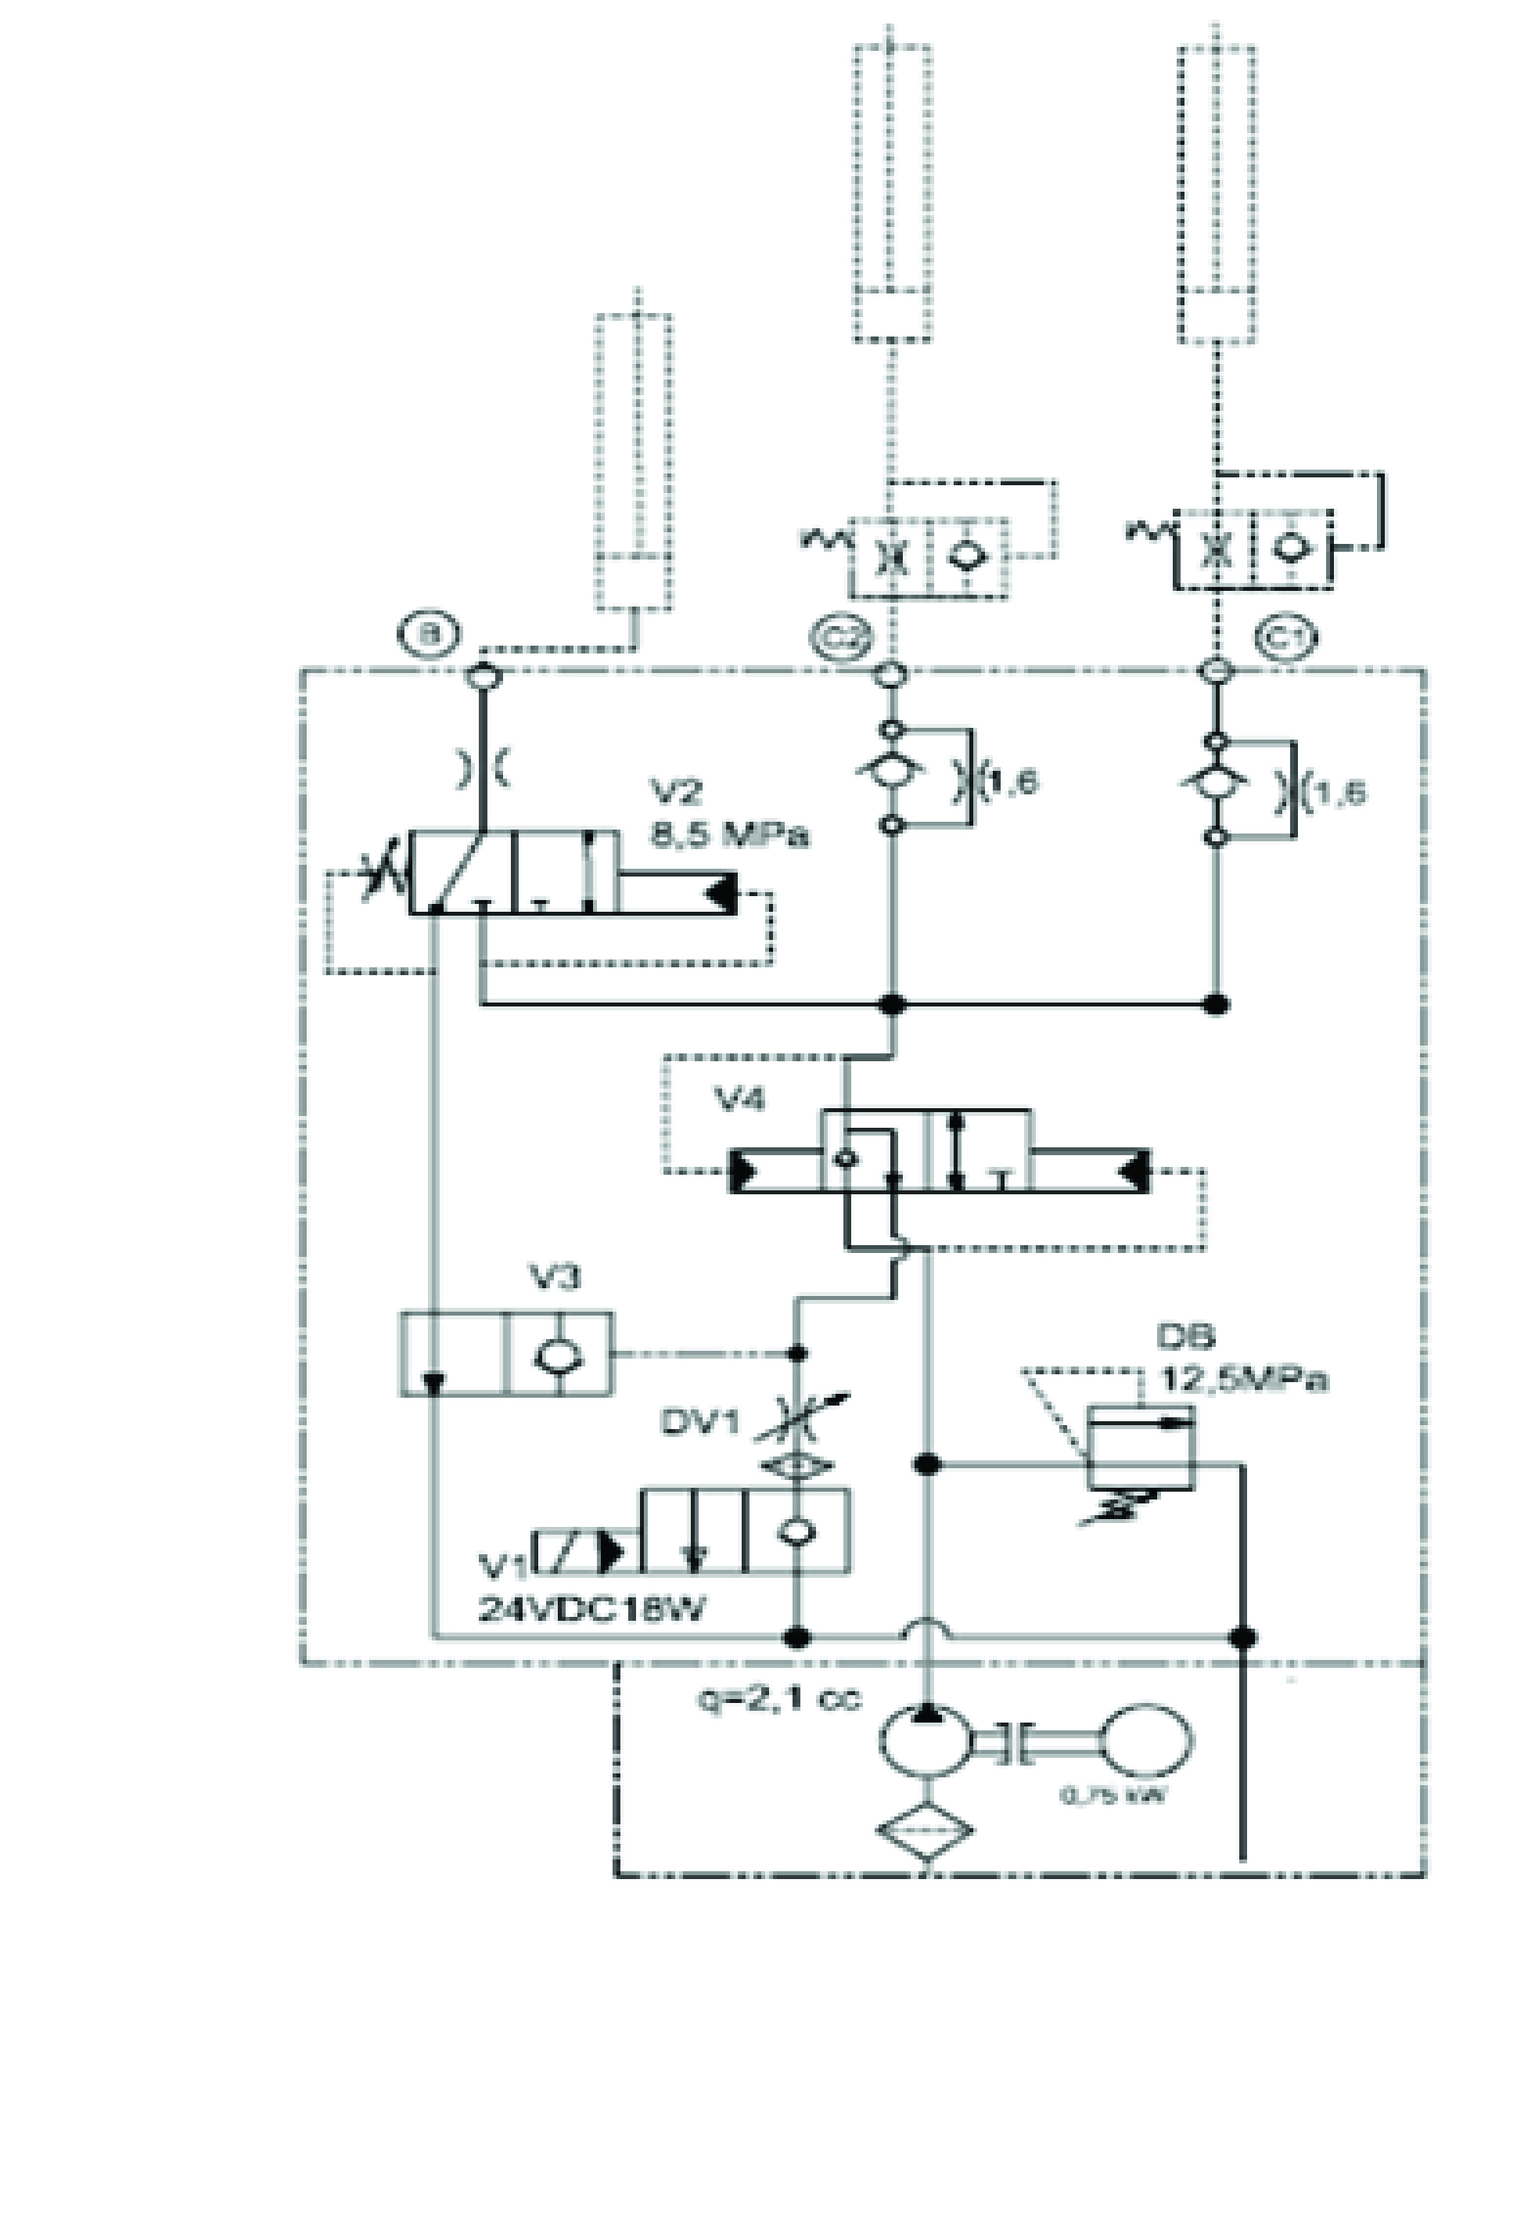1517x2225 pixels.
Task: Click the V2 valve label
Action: pos(677,792)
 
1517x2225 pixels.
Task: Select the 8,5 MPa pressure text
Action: pos(729,834)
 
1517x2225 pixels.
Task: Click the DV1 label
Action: pos(699,1423)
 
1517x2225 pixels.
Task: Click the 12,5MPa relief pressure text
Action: pos(1243,1380)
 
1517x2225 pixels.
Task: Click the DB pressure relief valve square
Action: pos(1140,1446)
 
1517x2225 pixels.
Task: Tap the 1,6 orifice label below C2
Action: pos(1012,782)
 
